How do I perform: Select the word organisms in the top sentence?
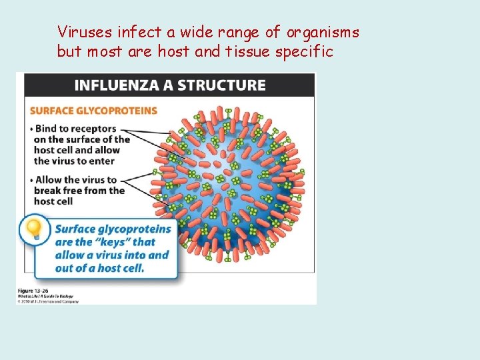323,32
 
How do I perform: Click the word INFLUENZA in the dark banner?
117,85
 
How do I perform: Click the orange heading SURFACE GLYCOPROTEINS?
93,110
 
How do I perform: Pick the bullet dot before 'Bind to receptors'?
31,128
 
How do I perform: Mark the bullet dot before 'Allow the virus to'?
31,180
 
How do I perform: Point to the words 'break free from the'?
79,191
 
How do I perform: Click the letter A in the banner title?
166,85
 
